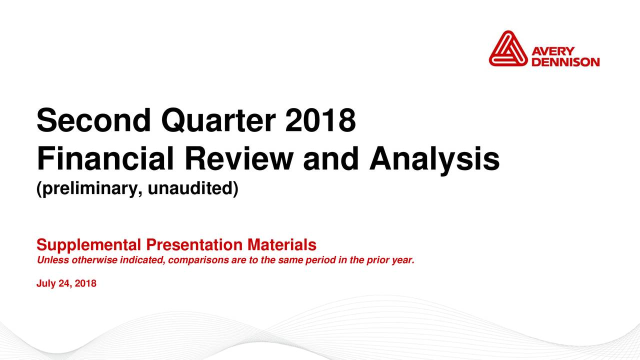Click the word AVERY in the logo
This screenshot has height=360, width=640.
point(553,51)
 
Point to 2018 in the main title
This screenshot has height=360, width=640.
point(320,120)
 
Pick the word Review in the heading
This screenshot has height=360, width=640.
point(239,158)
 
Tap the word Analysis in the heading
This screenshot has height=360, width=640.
point(434,160)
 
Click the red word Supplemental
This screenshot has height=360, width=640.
point(89,245)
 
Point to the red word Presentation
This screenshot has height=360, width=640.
point(194,244)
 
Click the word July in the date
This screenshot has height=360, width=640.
point(46,283)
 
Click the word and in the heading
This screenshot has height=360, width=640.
point(331,158)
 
